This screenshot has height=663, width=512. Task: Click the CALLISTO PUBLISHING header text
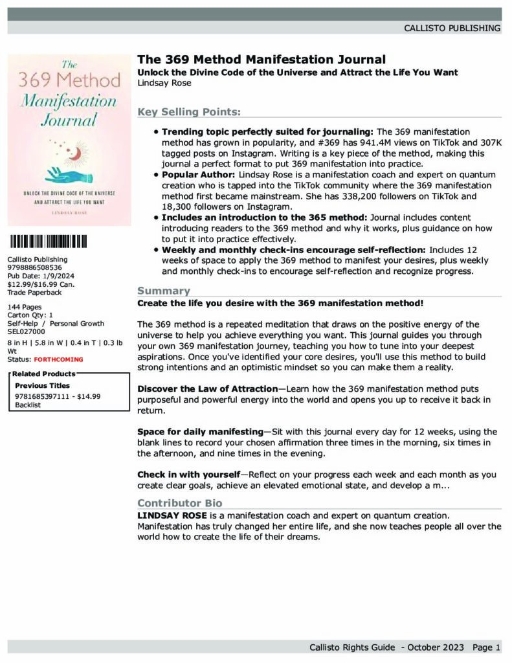pyautogui.click(x=452, y=28)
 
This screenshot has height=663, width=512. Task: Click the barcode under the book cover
pyautogui.click(x=49, y=243)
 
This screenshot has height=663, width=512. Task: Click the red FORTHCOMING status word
pyautogui.click(x=58, y=359)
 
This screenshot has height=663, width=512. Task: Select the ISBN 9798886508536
pyautogui.click(x=35, y=267)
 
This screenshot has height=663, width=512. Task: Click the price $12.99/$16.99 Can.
pyautogui.click(x=40, y=284)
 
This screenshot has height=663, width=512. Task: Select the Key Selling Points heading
pyautogui.click(x=188, y=112)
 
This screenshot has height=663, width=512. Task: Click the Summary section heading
pyautogui.click(x=164, y=291)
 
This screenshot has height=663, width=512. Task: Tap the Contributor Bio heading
pyautogui.click(x=179, y=503)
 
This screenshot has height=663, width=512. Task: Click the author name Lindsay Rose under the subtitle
pyautogui.click(x=164, y=82)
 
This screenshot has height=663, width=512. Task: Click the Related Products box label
pyautogui.click(x=43, y=374)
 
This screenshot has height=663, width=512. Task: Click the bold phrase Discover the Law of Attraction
pyautogui.click(x=207, y=388)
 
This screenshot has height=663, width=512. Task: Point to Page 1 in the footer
pyautogui.click(x=486, y=647)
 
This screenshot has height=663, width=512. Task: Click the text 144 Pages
pyautogui.click(x=25, y=307)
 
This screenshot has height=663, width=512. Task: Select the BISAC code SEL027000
pyautogui.click(x=27, y=331)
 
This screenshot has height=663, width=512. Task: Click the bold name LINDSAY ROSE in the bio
pyautogui.click(x=172, y=515)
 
